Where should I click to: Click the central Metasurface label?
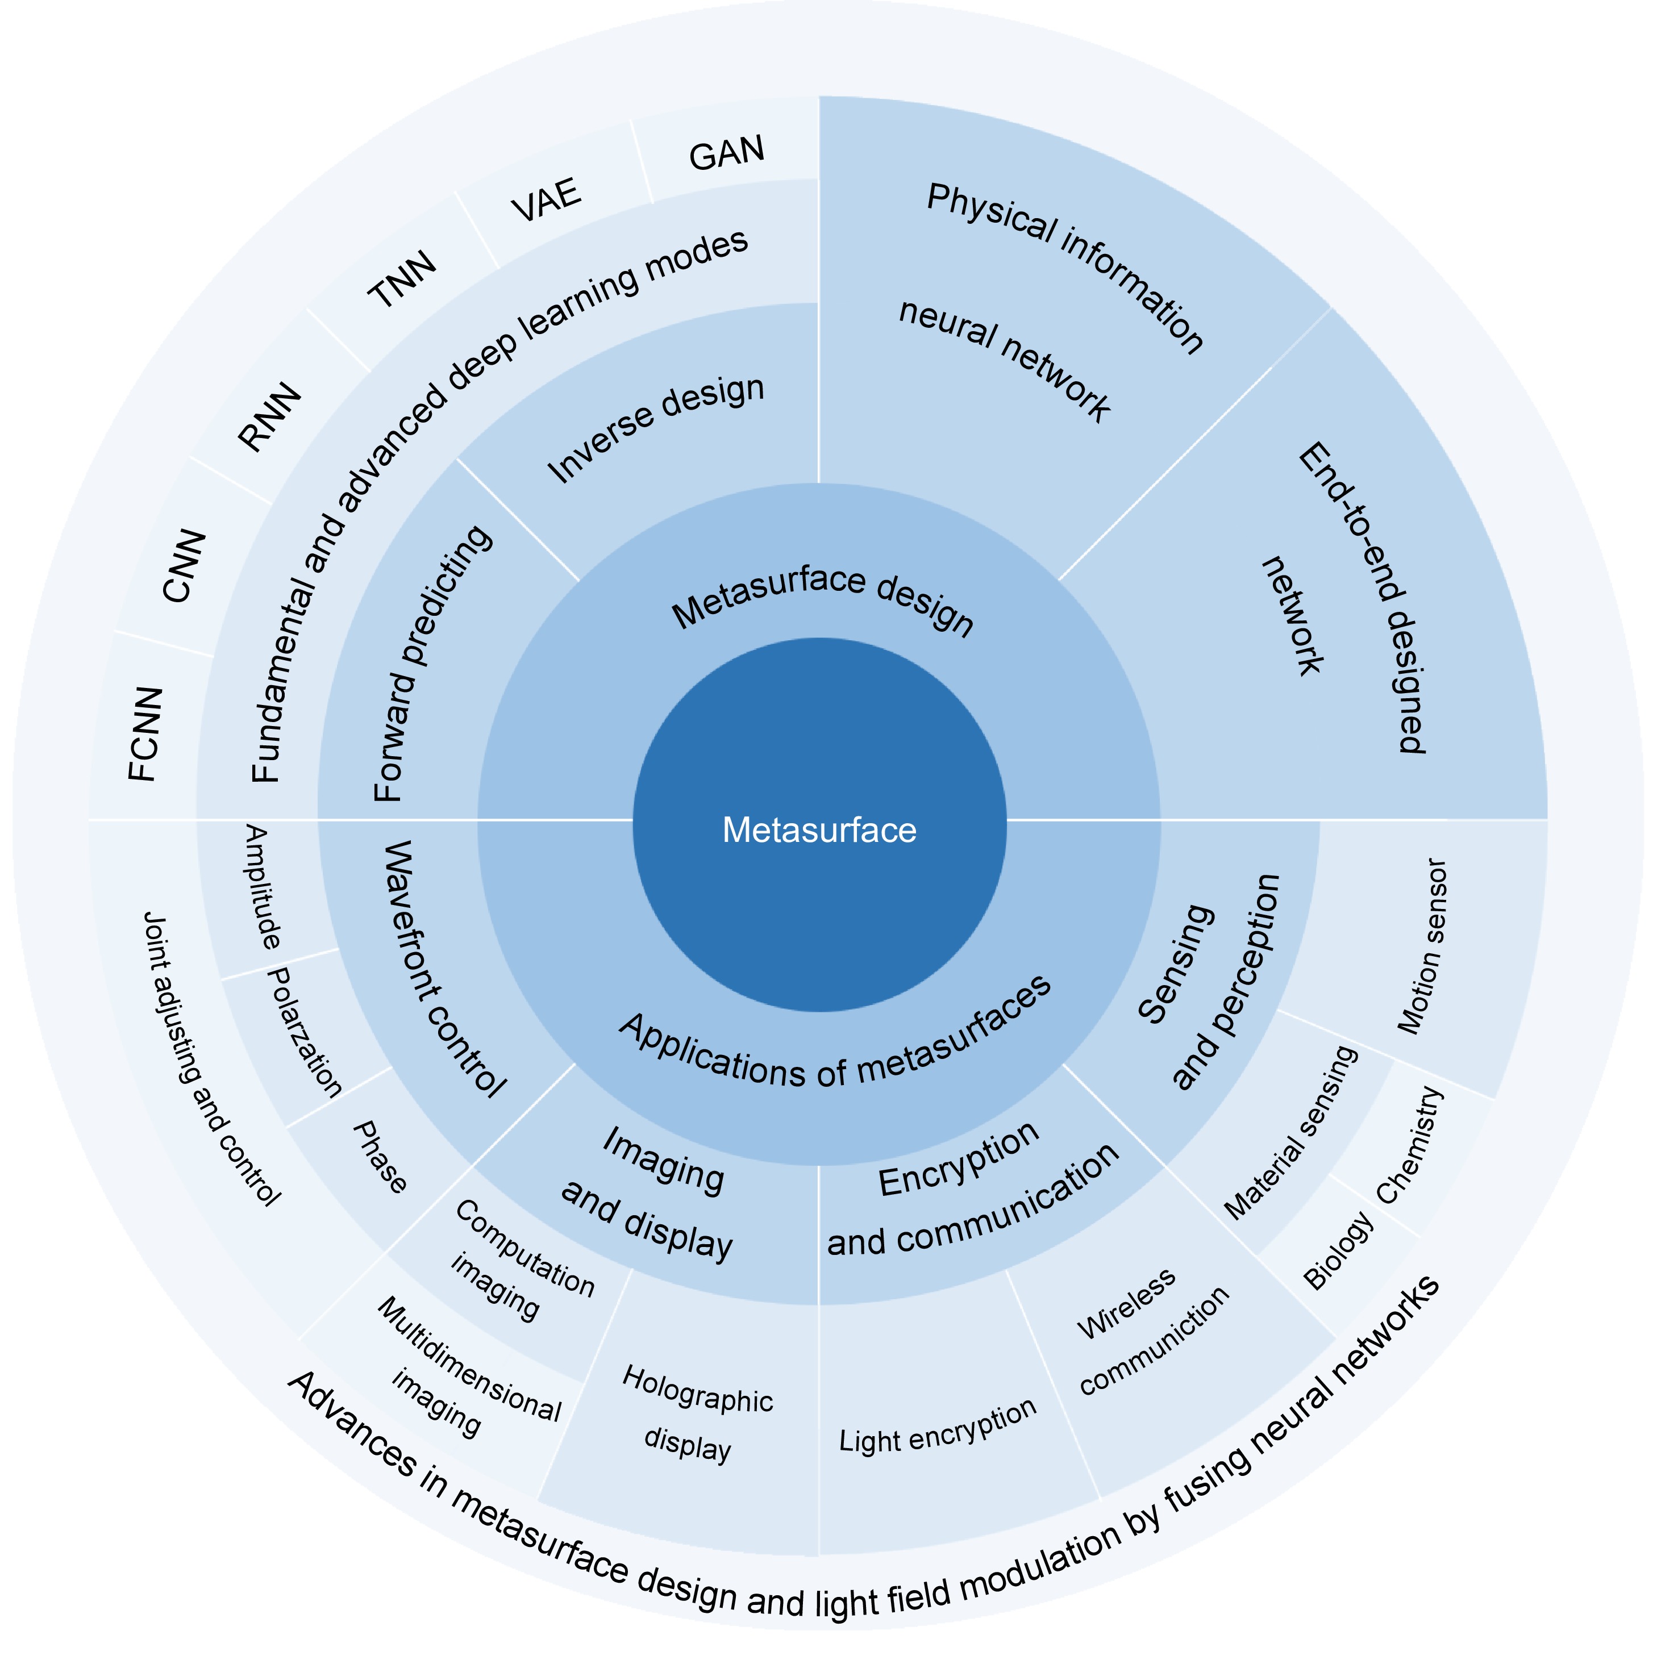point(819,830)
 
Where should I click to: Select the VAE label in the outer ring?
point(547,199)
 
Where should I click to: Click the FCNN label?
point(144,734)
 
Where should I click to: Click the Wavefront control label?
point(443,970)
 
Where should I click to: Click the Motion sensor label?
point(1422,946)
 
